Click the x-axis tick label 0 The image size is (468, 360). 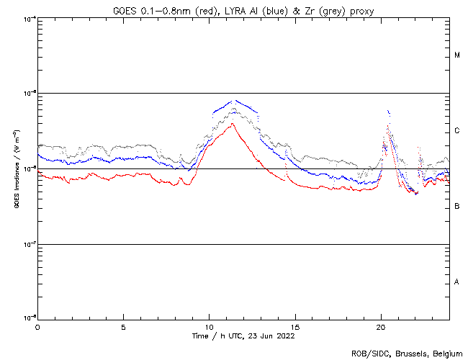(37, 326)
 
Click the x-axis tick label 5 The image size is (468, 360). (123, 326)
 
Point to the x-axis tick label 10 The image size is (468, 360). (209, 326)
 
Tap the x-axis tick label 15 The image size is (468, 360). (294, 326)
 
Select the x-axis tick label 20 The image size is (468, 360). (381, 326)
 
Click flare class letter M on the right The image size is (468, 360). (457, 55)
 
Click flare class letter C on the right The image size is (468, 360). (457, 131)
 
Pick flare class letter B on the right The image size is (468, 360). (457, 207)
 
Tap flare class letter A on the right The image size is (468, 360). (457, 282)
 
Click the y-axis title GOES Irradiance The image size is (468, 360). (15, 169)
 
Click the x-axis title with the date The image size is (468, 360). (243, 336)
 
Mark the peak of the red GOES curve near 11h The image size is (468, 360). (233, 124)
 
